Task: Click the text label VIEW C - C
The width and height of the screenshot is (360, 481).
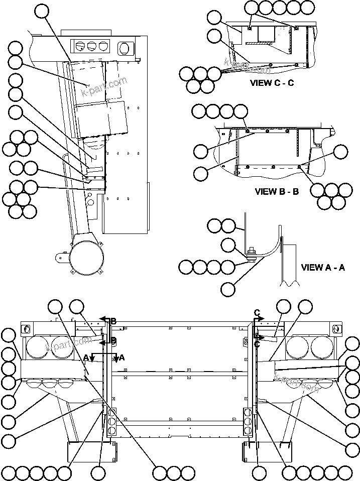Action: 272,83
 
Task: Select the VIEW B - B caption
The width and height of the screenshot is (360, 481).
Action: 277,191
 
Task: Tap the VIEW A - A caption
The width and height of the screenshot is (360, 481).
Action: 323,268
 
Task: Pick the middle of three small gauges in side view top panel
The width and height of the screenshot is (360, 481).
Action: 91,46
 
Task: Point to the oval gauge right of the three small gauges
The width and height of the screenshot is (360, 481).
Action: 124,48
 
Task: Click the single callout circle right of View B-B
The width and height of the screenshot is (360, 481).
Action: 341,152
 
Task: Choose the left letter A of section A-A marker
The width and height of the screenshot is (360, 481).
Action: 86,357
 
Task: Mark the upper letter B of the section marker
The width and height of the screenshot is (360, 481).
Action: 113,321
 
